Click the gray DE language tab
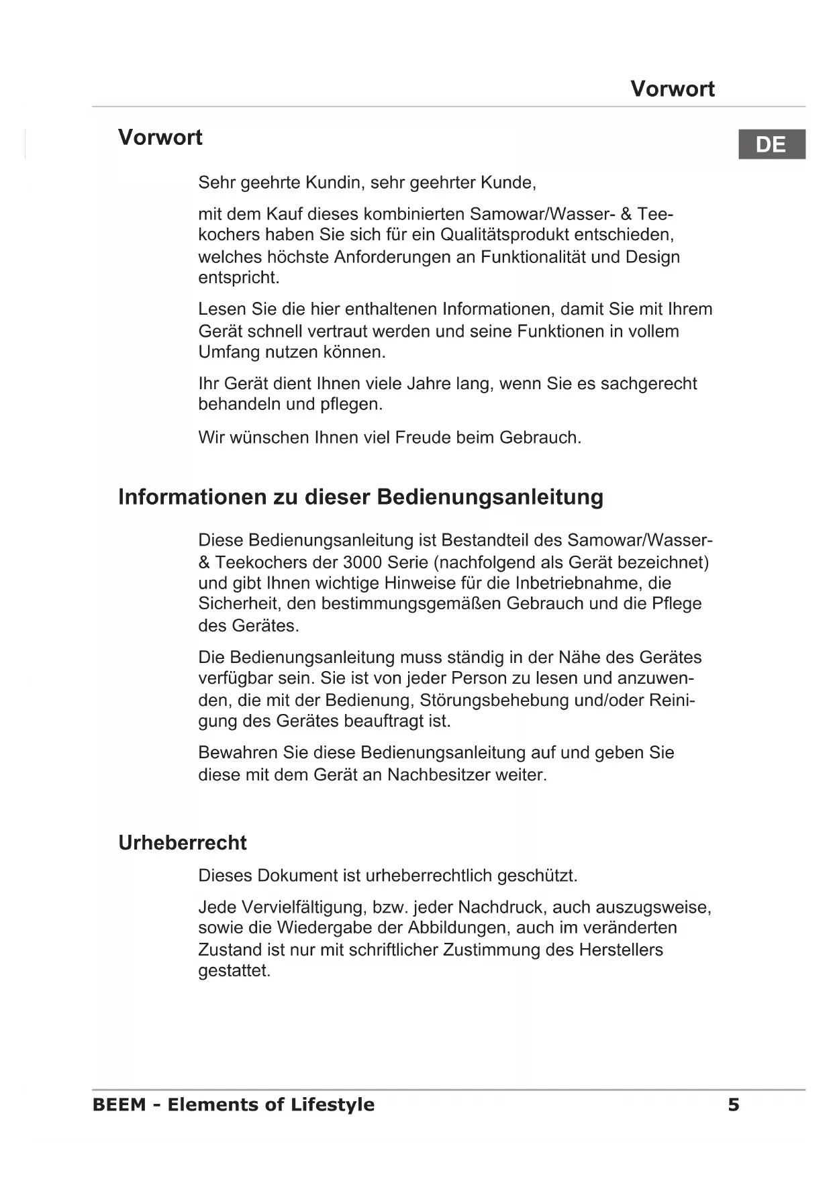pyautogui.click(x=771, y=144)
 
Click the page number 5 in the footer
pyautogui.click(x=734, y=1105)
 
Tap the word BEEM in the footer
pyautogui.click(x=119, y=1105)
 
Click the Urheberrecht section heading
pyautogui.click(x=183, y=843)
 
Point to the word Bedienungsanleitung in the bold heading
pyautogui.click(x=490, y=497)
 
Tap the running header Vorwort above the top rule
pyautogui.click(x=673, y=89)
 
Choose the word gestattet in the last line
pyautogui.click(x=234, y=971)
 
